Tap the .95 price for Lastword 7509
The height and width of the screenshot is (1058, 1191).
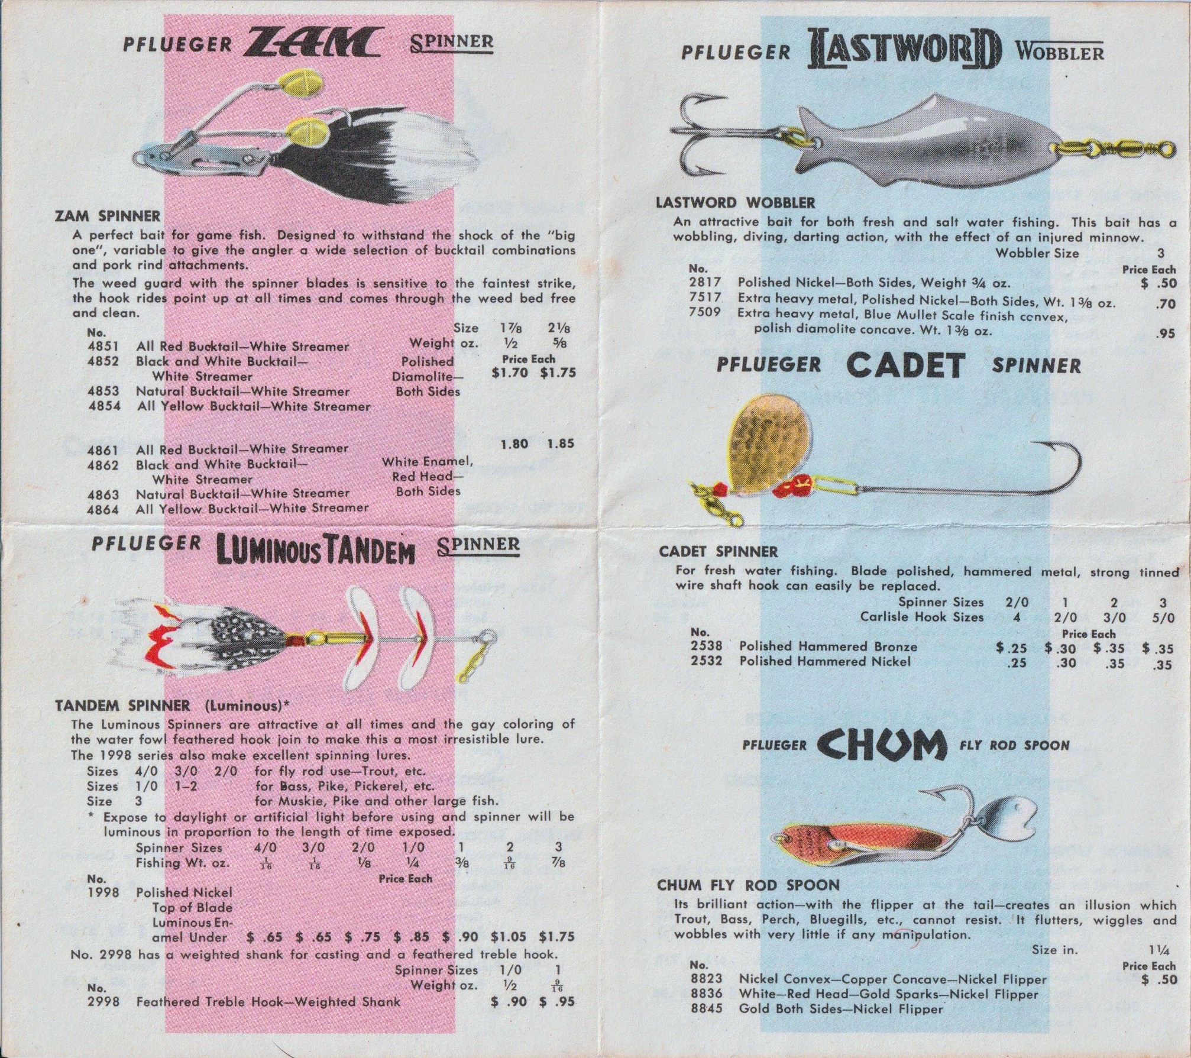pyautogui.click(x=1164, y=334)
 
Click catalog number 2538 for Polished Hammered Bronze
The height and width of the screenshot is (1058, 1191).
pyautogui.click(x=706, y=646)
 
